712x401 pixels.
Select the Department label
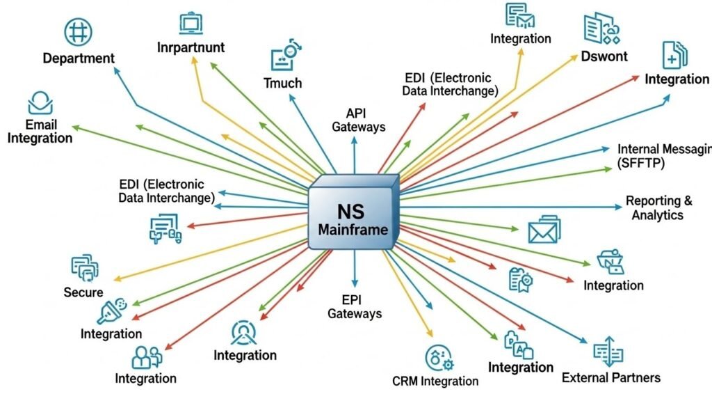pyautogui.click(x=79, y=58)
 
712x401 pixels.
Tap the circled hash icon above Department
pyautogui.click(x=78, y=31)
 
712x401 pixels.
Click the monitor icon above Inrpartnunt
pyautogui.click(x=191, y=23)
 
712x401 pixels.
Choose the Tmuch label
pyautogui.click(x=283, y=83)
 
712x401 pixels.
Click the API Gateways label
pyautogui.click(x=358, y=120)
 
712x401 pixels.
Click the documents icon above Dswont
pyautogui.click(x=599, y=29)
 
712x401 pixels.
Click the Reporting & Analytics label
pyautogui.click(x=658, y=207)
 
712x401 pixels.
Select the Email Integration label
pyautogui.click(x=40, y=131)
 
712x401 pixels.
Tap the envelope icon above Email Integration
pyautogui.click(x=40, y=104)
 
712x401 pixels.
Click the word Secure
pyautogui.click(x=83, y=292)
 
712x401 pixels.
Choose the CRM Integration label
pyautogui.click(x=435, y=381)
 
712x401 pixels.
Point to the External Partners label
pyautogui.click(x=610, y=378)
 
